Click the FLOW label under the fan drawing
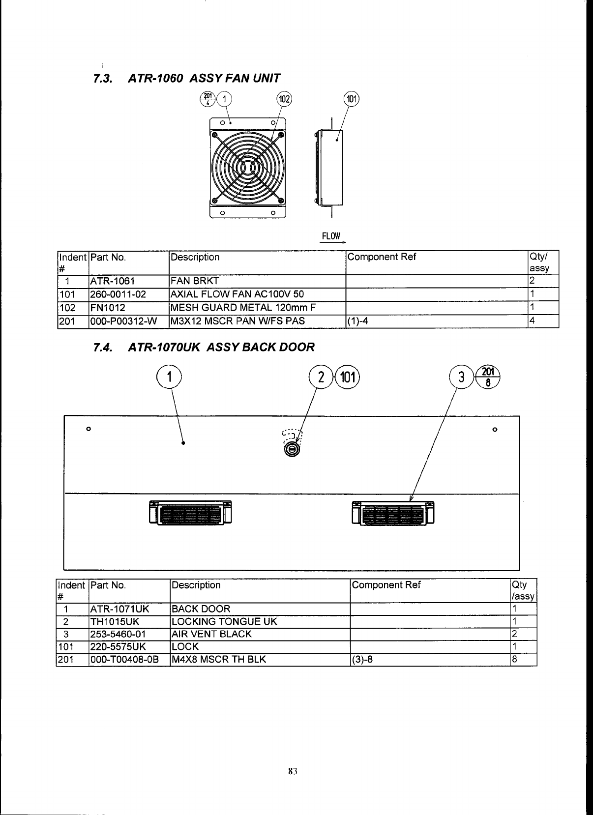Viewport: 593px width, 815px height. (331, 236)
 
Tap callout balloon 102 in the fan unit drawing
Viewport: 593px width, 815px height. (284, 99)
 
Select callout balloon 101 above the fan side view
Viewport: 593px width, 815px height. (352, 99)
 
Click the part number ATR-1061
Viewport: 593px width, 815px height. (112, 281)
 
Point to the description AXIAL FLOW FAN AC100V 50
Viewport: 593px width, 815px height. (237, 294)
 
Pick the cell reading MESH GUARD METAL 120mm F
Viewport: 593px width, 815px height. (242, 308)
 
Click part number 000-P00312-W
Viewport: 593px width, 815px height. (123, 321)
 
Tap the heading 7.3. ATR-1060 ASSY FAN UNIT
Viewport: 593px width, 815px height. (187, 78)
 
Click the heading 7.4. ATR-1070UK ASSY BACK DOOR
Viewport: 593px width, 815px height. (204, 347)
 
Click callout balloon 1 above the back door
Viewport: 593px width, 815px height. (169, 378)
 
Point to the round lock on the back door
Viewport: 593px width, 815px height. (292, 449)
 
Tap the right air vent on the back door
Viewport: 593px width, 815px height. (393, 513)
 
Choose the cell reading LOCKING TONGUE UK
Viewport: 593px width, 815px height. (224, 621)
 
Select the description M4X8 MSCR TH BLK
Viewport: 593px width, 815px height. (218, 659)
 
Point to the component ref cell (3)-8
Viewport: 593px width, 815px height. (363, 659)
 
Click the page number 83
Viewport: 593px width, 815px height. (293, 771)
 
